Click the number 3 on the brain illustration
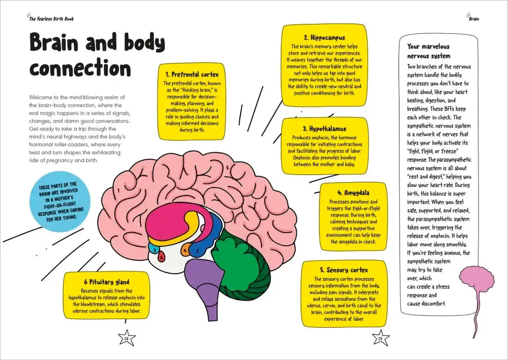point(155,250)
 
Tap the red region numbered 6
point(161,257)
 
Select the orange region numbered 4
point(186,249)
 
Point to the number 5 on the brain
point(227,168)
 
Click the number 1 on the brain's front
point(119,190)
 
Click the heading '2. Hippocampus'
point(324,38)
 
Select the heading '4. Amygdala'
point(353,193)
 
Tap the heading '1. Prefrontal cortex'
point(192,74)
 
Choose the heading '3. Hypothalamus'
point(324,128)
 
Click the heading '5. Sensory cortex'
point(344,270)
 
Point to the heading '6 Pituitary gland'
point(107,282)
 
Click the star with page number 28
point(127,338)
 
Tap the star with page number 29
point(381,338)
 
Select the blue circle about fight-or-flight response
point(60,202)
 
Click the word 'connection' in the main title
point(80,68)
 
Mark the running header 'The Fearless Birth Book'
point(52,19)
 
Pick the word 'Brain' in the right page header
point(474,19)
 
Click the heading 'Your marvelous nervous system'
point(429,51)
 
